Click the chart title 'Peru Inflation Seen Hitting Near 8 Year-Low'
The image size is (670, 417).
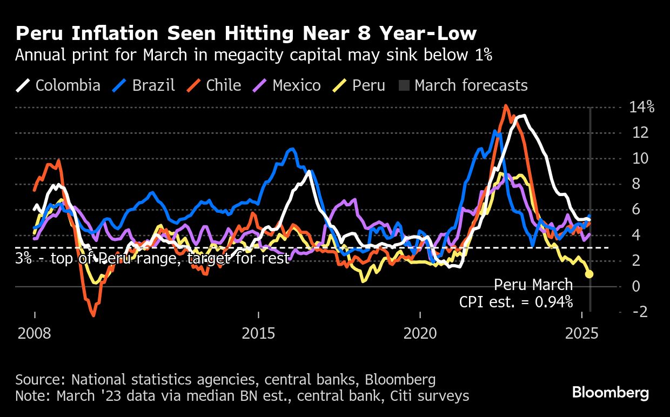[246, 34]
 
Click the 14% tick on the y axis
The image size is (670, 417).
[642, 107]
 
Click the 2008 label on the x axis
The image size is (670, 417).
[35, 333]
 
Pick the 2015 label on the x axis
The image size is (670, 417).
[259, 333]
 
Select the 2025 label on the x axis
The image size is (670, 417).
[581, 333]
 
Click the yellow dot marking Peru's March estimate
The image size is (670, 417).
[589, 274]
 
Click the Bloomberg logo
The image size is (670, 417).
[611, 393]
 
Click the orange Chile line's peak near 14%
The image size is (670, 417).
[505, 106]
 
